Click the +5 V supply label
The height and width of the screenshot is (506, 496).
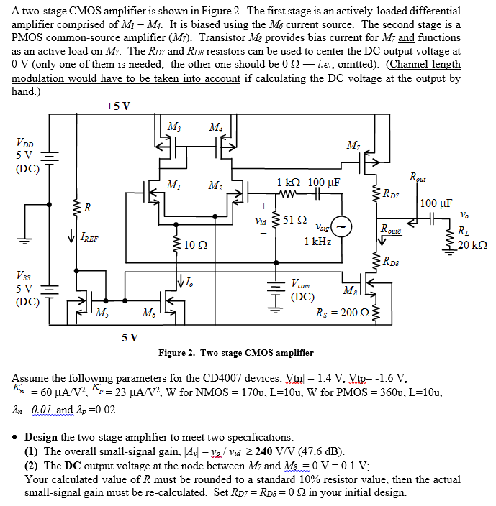point(118,106)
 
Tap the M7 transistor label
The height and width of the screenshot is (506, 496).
point(353,147)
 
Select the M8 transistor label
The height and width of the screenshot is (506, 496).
point(350,290)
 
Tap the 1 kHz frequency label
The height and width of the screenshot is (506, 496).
point(317,241)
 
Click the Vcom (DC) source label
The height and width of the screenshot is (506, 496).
point(302,289)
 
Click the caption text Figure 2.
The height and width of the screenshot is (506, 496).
point(179,352)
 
